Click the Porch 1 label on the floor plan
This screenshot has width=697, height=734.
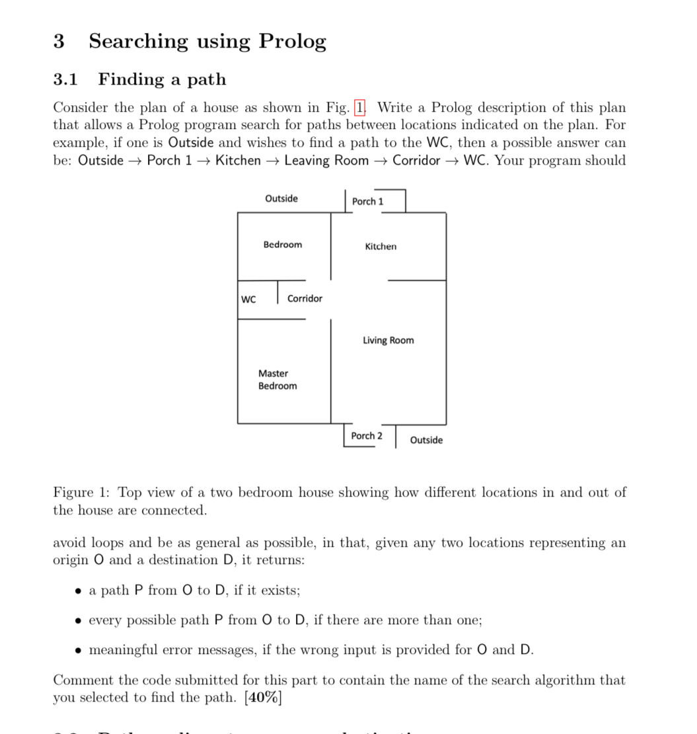pyautogui.click(x=367, y=201)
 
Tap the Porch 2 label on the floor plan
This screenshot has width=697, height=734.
pyautogui.click(x=367, y=436)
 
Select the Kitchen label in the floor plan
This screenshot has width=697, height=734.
pyautogui.click(x=381, y=247)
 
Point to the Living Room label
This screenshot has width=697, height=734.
pyautogui.click(x=388, y=341)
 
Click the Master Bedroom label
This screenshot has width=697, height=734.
pyautogui.click(x=277, y=380)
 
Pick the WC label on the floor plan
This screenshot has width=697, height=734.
pyautogui.click(x=248, y=299)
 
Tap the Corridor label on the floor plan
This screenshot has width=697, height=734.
pyautogui.click(x=305, y=299)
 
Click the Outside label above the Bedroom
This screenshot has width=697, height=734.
pyautogui.click(x=281, y=198)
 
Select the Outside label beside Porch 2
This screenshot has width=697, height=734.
pyautogui.click(x=426, y=440)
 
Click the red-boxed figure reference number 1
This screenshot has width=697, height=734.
pyautogui.click(x=360, y=107)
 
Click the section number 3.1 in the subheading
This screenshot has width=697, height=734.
pyautogui.click(x=65, y=79)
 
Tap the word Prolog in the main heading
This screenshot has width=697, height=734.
pyautogui.click(x=292, y=41)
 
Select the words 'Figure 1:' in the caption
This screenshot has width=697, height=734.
pyautogui.click(x=82, y=493)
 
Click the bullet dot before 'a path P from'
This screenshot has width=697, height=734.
pyautogui.click(x=79, y=591)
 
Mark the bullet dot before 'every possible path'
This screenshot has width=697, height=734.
pyautogui.click(x=79, y=620)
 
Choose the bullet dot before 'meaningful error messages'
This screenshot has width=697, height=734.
pyautogui.click(x=79, y=650)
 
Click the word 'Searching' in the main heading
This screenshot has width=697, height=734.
pyautogui.click(x=138, y=42)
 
